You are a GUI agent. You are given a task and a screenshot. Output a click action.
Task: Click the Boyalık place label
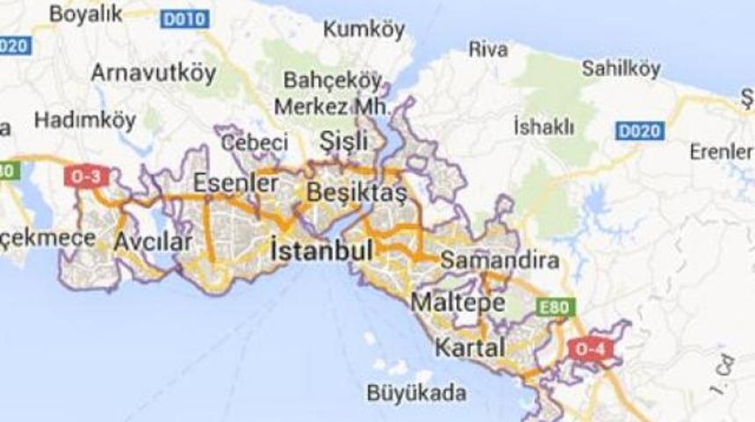pyautogui.click(x=87, y=14)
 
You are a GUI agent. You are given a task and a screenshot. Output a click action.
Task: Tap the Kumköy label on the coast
pyautogui.click(x=364, y=30)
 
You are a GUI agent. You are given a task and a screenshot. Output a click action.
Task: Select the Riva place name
pyautogui.click(x=488, y=49)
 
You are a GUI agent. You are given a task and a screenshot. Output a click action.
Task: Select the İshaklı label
pyautogui.click(x=543, y=127)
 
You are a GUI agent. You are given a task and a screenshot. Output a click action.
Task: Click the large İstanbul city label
pyautogui.click(x=322, y=250)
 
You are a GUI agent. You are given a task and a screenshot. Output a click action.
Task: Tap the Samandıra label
pyautogui.click(x=500, y=261)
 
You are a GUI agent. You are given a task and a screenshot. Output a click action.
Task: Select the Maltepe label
pyautogui.click(x=458, y=303)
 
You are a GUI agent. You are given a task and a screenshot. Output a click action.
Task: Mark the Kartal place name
pyautogui.click(x=471, y=346)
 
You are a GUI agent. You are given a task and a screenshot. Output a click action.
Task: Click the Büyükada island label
pyautogui.click(x=416, y=392)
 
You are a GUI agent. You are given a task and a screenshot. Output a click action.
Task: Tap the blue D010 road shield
pyautogui.click(x=184, y=19)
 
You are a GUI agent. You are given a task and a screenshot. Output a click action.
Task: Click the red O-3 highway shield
pyautogui.click(x=87, y=177)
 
